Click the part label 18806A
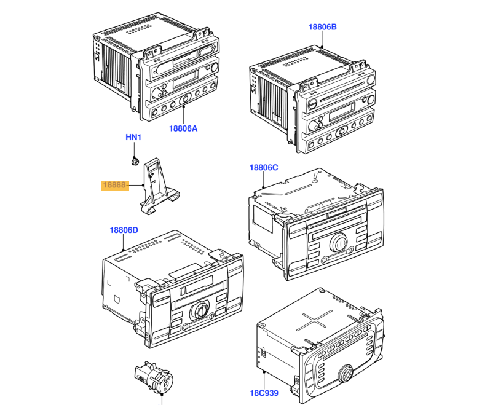[183, 128]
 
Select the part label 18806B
[323, 27]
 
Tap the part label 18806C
[264, 167]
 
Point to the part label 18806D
[124, 230]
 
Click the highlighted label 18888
[114, 186]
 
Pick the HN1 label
[133, 137]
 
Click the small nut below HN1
[133, 162]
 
